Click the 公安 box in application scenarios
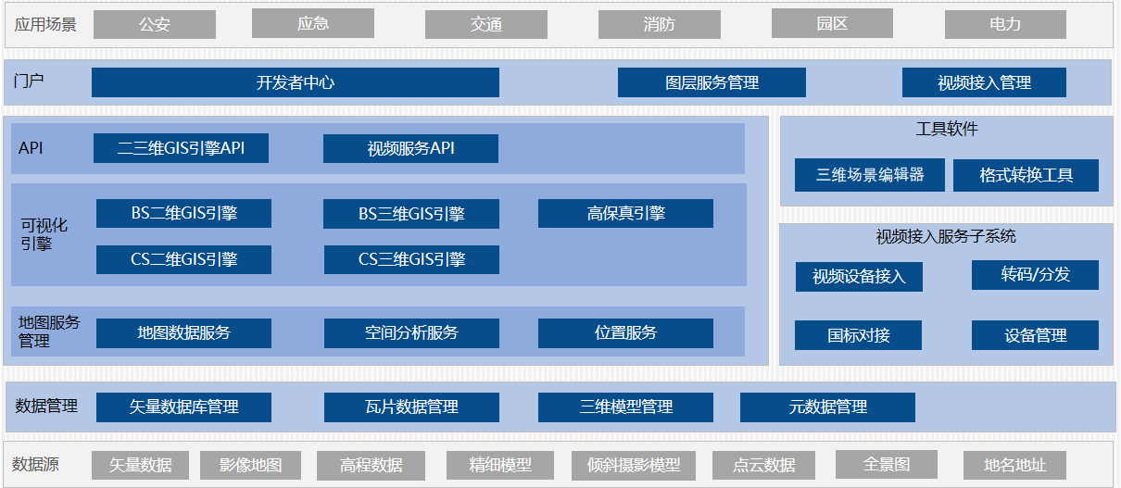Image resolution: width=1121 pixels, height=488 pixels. (155, 25)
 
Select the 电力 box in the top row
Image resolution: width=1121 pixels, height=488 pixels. (1005, 24)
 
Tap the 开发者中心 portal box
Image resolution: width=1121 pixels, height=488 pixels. (295, 82)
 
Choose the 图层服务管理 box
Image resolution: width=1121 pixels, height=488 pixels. (712, 82)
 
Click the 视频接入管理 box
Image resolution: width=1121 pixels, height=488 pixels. (984, 82)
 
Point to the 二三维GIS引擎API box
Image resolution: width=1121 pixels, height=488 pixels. (181, 148)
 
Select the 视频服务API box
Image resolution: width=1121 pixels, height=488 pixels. (410, 148)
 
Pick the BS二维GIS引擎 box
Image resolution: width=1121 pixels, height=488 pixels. (183, 213)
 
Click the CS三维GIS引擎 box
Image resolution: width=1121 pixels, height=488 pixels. (411, 259)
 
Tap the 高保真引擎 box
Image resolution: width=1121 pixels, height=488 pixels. (625, 213)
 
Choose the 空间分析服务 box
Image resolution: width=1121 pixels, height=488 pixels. (411, 332)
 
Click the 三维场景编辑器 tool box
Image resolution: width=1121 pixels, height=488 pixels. (870, 174)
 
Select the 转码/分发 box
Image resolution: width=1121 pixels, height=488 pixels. (1035, 274)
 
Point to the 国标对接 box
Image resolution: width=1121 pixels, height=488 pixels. (859, 335)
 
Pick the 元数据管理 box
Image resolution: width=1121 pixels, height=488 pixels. (827, 407)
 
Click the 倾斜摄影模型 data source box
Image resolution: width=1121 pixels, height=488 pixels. (634, 465)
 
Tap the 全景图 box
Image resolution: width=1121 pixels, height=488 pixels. (887, 464)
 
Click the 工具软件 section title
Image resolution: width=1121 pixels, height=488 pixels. (947, 130)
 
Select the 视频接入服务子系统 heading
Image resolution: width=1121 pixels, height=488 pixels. (946, 237)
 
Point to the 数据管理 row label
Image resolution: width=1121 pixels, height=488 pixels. (46, 406)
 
